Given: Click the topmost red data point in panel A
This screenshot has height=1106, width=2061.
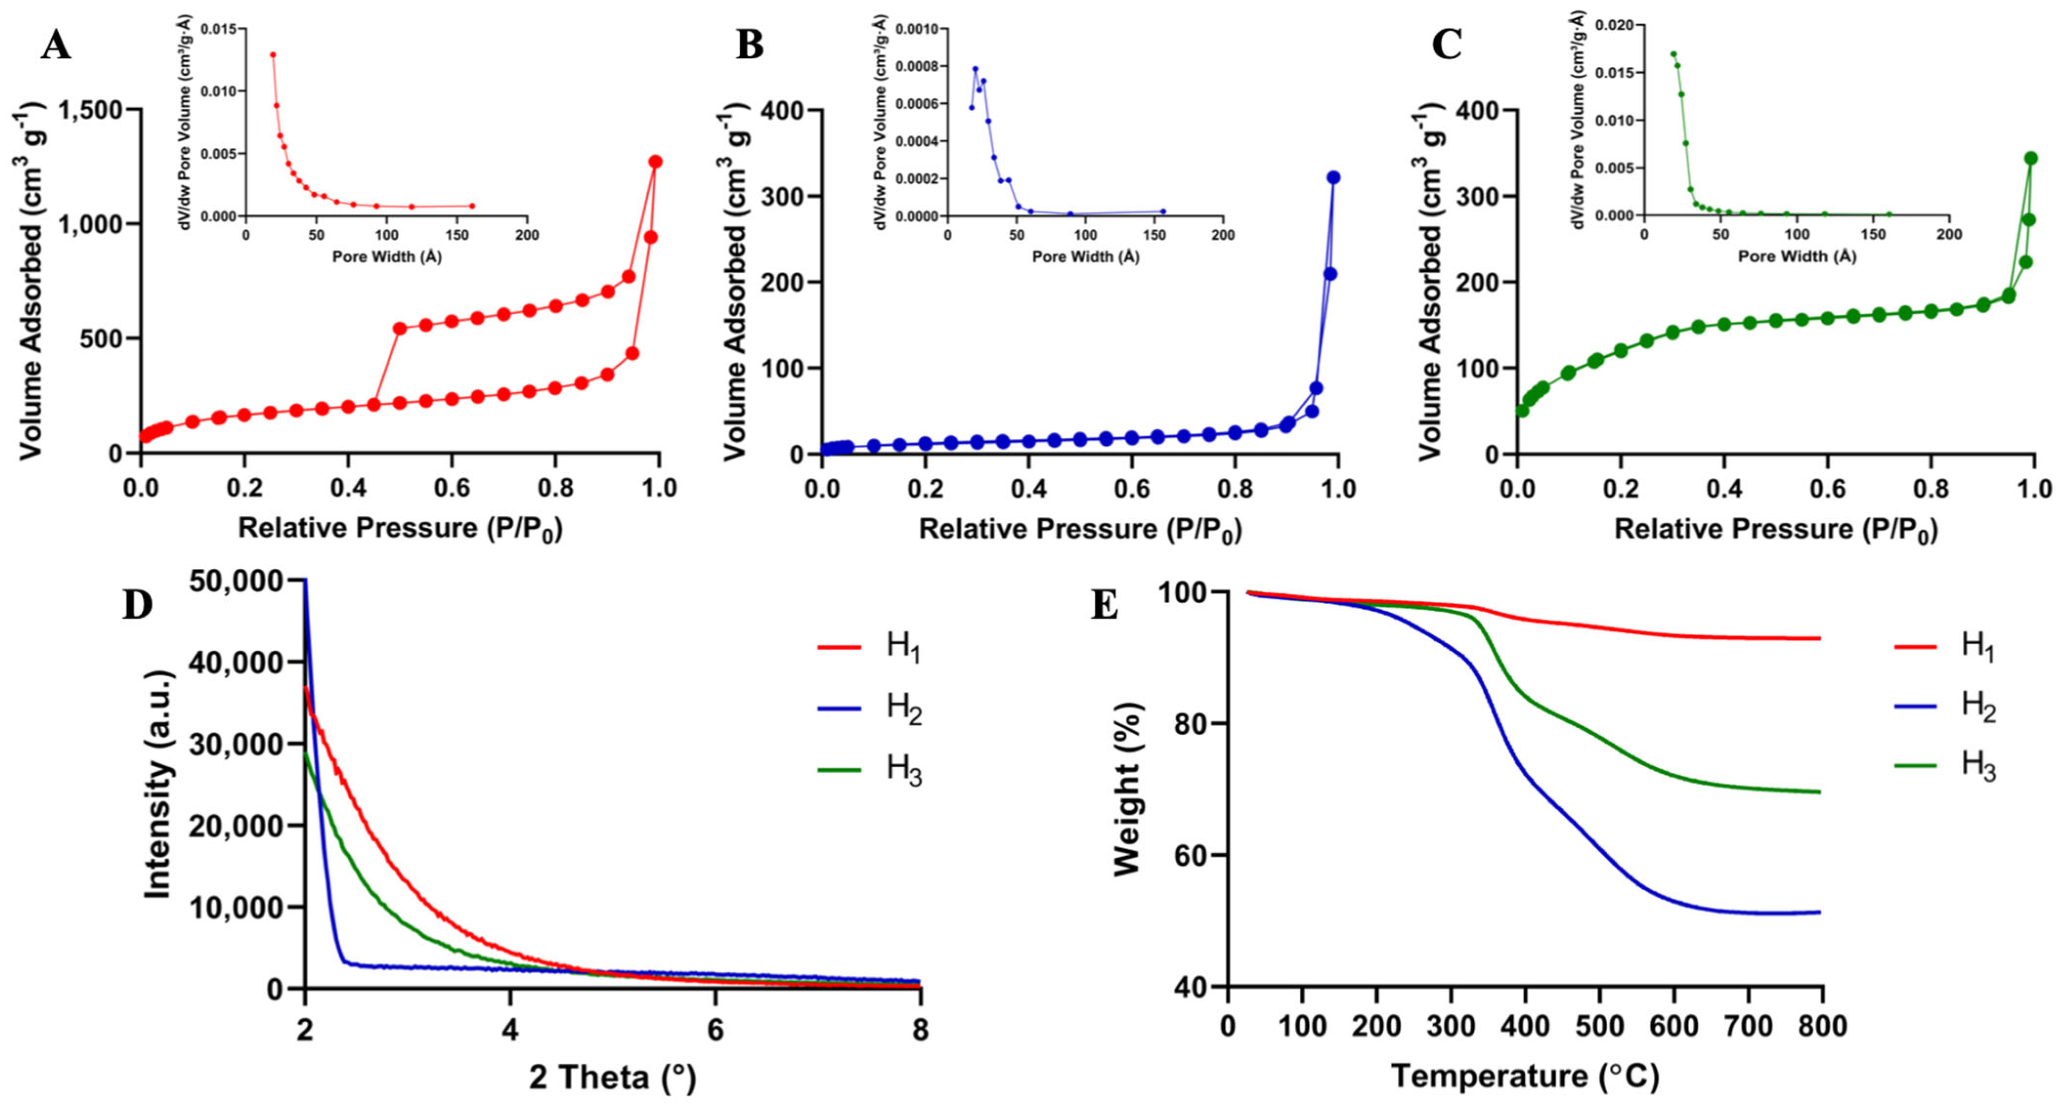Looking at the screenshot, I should (655, 161).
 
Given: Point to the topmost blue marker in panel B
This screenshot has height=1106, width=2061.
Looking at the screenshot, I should (1333, 177).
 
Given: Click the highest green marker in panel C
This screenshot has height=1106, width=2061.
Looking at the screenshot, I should (2030, 158).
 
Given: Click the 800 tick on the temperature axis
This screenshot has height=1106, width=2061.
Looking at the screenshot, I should (1822, 1026).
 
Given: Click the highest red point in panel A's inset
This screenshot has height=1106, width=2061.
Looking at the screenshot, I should (273, 54).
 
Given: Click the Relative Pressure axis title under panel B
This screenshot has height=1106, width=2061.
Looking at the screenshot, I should (1080, 529).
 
